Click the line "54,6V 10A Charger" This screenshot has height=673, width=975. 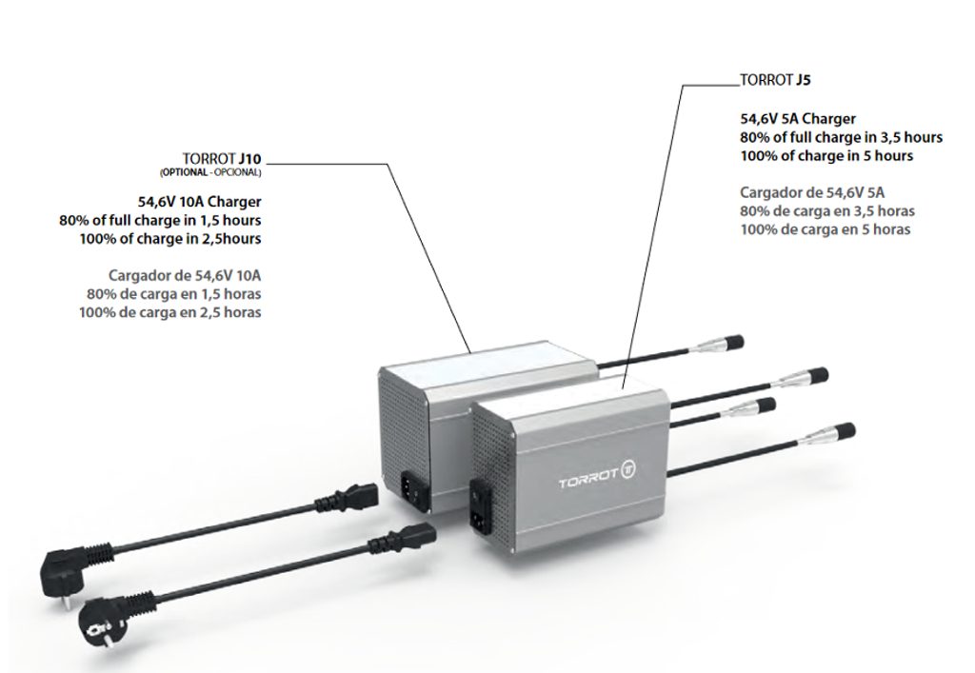pos(200,202)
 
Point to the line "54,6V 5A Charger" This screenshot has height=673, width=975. pos(798,120)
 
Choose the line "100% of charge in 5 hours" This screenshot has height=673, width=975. pos(826,156)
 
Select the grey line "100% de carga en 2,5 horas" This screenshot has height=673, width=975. pos(170,312)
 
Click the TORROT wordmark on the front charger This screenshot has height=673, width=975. pos(587,483)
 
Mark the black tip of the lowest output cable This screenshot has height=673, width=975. pos(843,430)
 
